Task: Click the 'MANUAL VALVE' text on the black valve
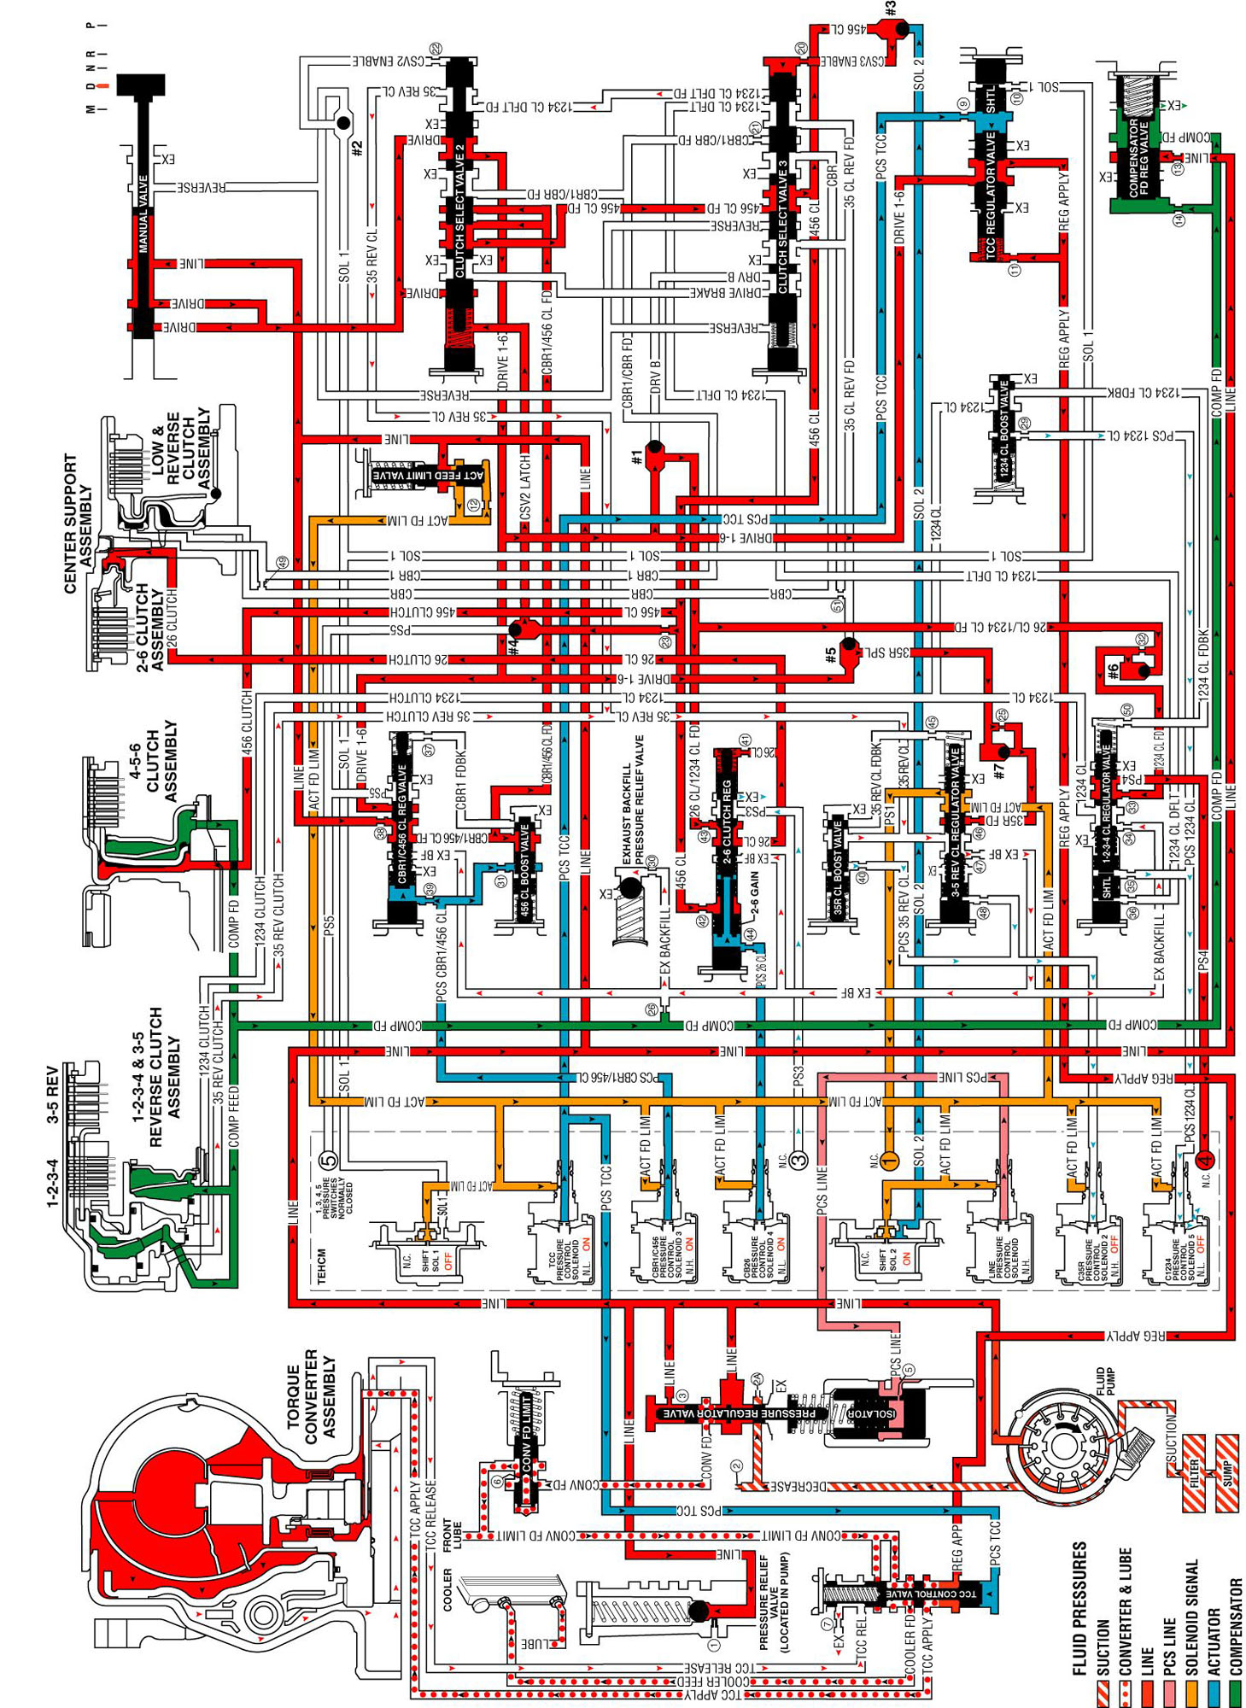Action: (x=143, y=213)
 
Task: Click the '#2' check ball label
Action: (x=358, y=147)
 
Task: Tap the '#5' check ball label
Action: (x=830, y=656)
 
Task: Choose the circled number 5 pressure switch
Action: (x=328, y=1160)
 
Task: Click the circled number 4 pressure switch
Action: (x=1204, y=1160)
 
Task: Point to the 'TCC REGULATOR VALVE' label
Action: (x=991, y=192)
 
